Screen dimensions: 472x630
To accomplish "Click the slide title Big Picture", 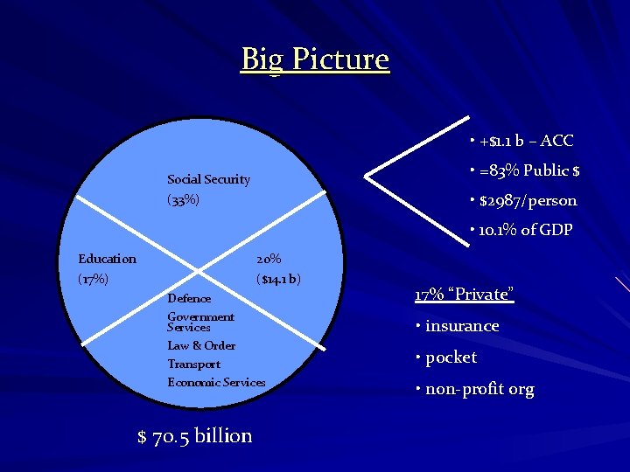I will coord(315,59).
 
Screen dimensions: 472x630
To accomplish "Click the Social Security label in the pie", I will coord(208,179).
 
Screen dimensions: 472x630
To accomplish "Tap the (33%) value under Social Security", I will coord(184,200).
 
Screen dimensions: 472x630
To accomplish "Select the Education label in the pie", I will coord(107,259).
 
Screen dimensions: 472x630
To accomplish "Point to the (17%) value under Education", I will coord(94,280).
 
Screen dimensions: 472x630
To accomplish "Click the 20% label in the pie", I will coord(269,259).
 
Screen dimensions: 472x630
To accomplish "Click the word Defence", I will coord(189,299).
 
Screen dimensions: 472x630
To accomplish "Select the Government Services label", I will coord(200,322).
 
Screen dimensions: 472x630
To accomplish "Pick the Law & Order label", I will coord(201,345).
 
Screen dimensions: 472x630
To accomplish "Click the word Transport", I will coord(193,364).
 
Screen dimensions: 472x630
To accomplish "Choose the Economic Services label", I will coord(216,382).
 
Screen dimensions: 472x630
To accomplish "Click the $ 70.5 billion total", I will coord(195,435).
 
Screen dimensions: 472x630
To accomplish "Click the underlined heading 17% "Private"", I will coord(464,294).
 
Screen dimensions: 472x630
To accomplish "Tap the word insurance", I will coord(461,326).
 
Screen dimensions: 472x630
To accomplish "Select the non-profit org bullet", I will coord(479,389).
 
